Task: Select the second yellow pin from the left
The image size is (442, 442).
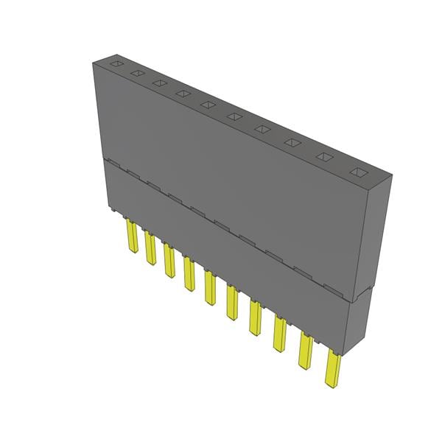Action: pyautogui.click(x=150, y=249)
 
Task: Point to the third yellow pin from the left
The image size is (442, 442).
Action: pyautogui.click(x=169, y=261)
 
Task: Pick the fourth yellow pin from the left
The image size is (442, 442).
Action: pyautogui.click(x=189, y=273)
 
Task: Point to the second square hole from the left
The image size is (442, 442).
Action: pyautogui.click(x=138, y=74)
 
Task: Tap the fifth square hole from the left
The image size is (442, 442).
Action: pyautogui.click(x=208, y=105)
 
